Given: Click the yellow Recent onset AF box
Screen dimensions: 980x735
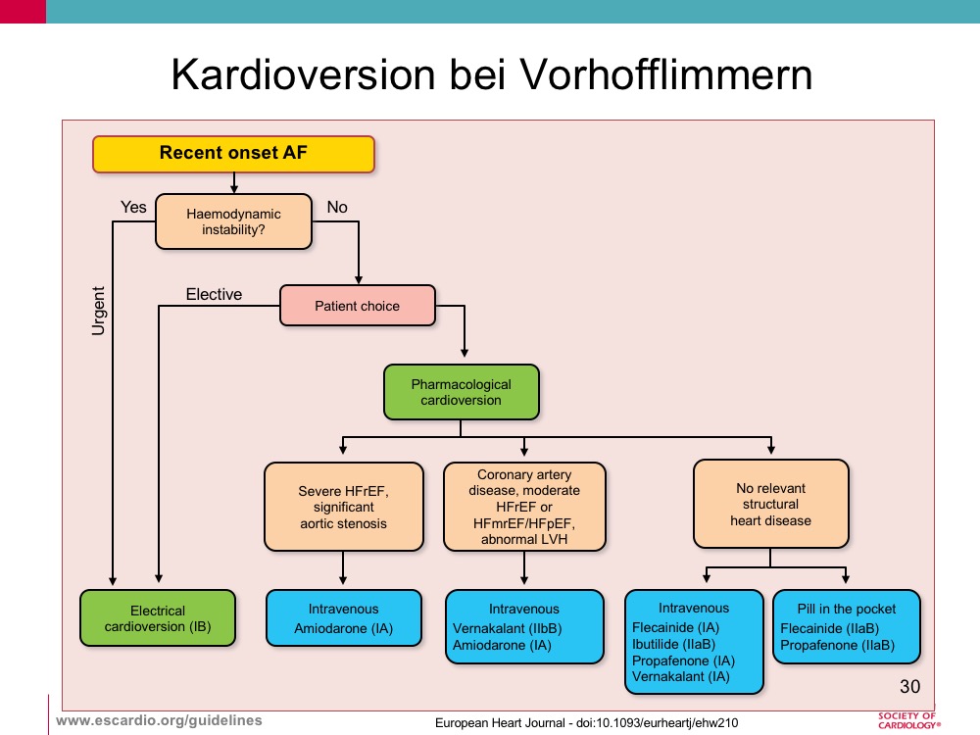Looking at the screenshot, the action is point(234,154).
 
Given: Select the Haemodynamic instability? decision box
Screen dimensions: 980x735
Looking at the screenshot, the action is point(234,221).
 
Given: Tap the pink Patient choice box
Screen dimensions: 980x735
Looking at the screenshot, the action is point(358,306).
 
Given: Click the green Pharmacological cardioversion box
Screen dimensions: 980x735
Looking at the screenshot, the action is point(462,392).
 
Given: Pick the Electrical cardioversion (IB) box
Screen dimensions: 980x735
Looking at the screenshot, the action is point(158,618).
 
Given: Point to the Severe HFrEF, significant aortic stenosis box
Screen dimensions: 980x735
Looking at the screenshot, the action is point(344,507).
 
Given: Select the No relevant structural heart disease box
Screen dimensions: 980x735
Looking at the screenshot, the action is point(770,504).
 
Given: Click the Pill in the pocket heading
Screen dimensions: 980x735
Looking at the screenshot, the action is point(847,609).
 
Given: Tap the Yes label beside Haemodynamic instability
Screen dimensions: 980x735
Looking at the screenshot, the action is point(133,207).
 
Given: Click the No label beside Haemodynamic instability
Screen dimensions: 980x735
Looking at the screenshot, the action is point(337,207).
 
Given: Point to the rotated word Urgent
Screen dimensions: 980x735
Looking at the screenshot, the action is point(99,311).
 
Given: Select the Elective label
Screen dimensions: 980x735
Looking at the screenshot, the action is point(214,294).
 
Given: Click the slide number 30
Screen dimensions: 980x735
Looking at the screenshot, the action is point(909,686).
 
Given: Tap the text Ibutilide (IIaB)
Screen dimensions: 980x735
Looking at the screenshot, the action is point(674,645).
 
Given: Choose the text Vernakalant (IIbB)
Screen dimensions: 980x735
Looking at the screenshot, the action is point(507,628).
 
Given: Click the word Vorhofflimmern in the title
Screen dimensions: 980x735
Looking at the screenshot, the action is point(666,74).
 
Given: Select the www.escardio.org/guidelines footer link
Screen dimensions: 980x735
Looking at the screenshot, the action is point(159,720).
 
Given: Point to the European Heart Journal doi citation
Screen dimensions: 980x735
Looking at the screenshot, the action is point(586,723).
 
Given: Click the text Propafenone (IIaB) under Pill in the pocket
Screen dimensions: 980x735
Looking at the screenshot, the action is point(838,645).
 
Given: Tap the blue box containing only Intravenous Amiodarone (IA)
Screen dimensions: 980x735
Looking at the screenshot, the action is point(344,618).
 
